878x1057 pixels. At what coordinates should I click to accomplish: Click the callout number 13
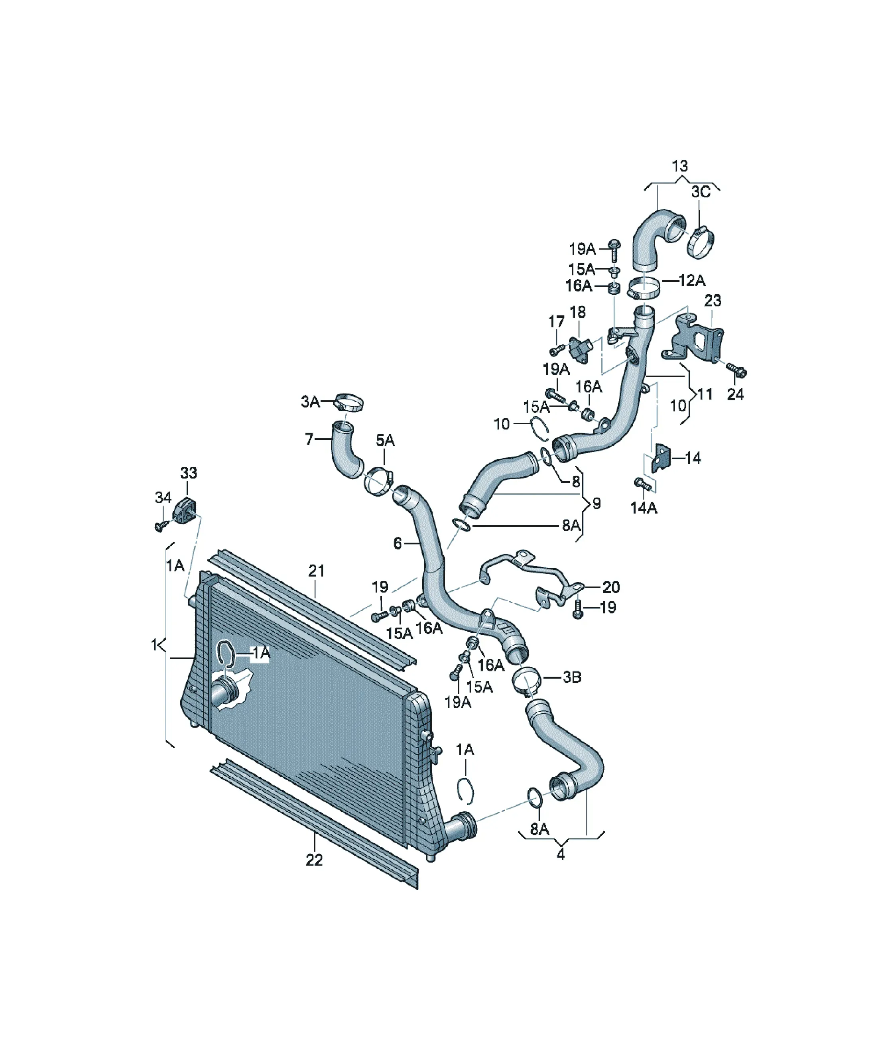coord(680,166)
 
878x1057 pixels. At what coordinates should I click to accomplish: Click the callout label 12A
coord(692,280)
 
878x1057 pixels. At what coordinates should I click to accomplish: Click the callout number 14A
coord(644,508)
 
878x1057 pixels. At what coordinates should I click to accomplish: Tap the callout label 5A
coord(385,441)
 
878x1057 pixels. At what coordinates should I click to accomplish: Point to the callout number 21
coord(317,571)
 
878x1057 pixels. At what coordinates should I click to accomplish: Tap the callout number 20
coord(611,587)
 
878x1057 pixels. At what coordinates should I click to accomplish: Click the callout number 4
coord(561,854)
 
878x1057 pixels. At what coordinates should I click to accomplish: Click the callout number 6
coord(398,543)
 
